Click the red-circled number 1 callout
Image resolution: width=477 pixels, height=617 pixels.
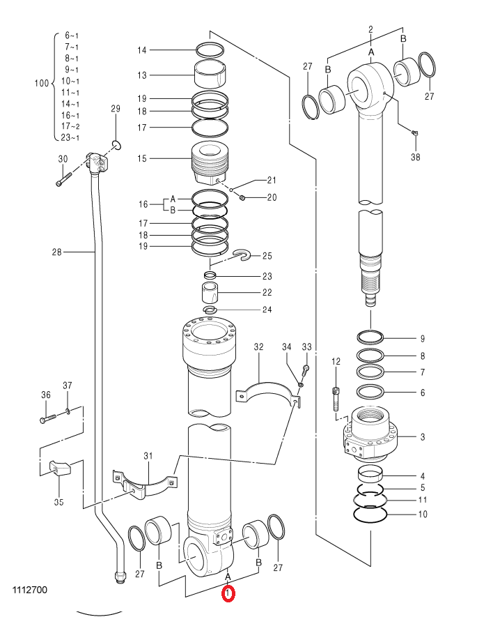pos(228,594)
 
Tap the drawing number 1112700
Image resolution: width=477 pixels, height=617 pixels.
pos(30,590)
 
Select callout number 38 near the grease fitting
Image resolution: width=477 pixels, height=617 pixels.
pos(415,157)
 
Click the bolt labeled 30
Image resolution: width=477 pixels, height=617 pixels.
pos(64,178)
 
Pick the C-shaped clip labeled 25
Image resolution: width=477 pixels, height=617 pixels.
pos(243,255)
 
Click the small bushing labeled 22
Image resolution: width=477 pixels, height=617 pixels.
pos(210,292)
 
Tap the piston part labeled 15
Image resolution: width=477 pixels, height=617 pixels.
pos(209,163)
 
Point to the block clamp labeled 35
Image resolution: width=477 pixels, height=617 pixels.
pos(59,468)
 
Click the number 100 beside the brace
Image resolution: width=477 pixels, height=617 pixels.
pos(42,83)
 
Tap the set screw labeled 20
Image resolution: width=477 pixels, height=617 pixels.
pos(242,197)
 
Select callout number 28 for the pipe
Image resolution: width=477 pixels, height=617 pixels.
pos(57,252)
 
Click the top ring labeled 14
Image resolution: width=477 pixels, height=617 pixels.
pos(210,50)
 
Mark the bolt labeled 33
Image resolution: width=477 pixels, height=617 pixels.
pos(306,370)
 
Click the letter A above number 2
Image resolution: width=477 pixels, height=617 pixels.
pos(371,52)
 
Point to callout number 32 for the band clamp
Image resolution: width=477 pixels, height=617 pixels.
pos(258,347)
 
